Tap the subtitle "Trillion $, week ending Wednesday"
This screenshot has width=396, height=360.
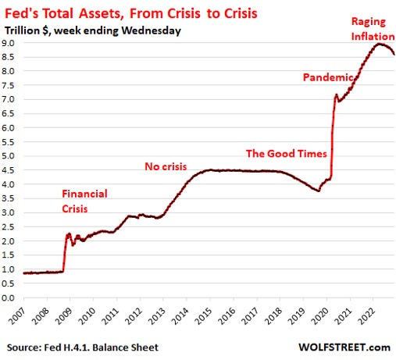[92, 30]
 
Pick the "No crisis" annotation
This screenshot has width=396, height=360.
[169, 166]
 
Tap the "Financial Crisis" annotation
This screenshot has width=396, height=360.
[84, 201]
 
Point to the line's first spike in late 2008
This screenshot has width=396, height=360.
[69, 233]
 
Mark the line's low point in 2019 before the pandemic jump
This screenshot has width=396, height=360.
[318, 191]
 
